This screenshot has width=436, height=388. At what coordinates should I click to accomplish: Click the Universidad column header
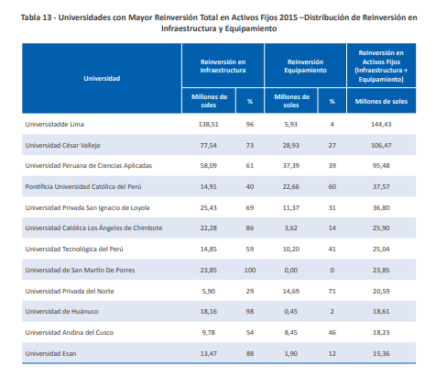pyautogui.click(x=102, y=79)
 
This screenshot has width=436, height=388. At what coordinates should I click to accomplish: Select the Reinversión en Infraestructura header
pyautogui.click(x=223, y=66)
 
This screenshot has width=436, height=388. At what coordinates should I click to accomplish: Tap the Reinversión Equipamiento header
pyautogui.click(x=305, y=66)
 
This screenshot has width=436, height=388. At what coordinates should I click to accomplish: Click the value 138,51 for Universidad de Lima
pyautogui.click(x=209, y=125)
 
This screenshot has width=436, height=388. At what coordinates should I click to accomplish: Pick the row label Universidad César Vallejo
pyautogui.click(x=63, y=146)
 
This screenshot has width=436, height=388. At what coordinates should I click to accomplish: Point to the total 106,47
pyautogui.click(x=381, y=146)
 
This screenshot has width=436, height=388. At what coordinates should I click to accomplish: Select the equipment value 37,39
pyautogui.click(x=291, y=166)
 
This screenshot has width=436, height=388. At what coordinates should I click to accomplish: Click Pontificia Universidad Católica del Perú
pyautogui.click(x=83, y=187)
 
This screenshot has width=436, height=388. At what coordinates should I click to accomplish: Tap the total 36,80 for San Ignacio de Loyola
pyautogui.click(x=381, y=208)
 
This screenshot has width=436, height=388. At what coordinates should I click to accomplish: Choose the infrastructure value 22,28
pyautogui.click(x=209, y=228)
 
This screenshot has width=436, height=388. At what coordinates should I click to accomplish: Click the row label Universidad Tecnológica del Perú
pyautogui.click(x=74, y=249)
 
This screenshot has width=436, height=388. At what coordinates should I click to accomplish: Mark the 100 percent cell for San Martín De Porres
pyautogui.click(x=250, y=271)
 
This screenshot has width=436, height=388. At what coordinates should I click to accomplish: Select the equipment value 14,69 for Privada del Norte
pyautogui.click(x=291, y=292)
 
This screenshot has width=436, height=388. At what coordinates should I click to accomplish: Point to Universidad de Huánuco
pyautogui.click(x=61, y=312)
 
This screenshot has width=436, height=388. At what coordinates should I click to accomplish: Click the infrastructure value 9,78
pyautogui.click(x=209, y=333)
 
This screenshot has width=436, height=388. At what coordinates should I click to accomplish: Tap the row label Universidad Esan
pyautogui.click(x=50, y=354)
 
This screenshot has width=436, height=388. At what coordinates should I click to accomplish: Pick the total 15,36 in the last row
pyautogui.click(x=381, y=354)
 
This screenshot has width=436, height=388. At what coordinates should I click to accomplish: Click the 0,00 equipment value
pyautogui.click(x=291, y=271)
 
